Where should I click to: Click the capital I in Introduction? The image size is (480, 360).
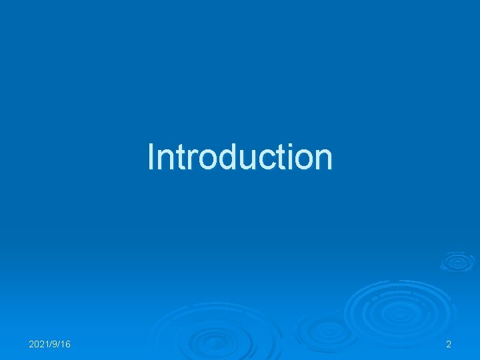151,157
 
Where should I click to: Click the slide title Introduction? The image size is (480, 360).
240,157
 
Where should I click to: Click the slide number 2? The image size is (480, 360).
449,344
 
